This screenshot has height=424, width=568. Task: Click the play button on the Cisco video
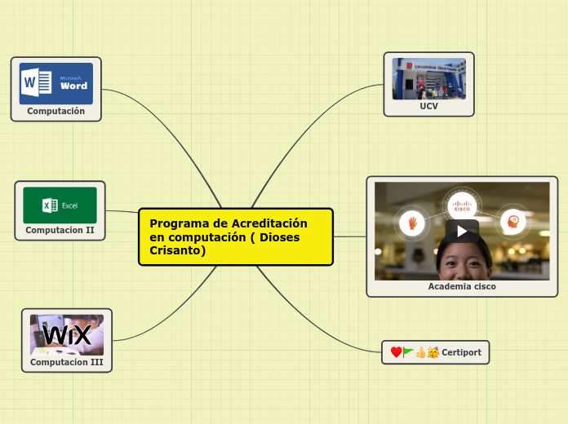pyautogui.click(x=462, y=231)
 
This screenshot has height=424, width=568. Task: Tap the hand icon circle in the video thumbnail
pyautogui.click(x=412, y=222)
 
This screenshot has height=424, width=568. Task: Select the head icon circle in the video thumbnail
pyautogui.click(x=513, y=221)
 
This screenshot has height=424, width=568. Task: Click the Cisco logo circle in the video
pyautogui.click(x=462, y=205)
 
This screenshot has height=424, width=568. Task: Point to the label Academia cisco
pyautogui.click(x=462, y=287)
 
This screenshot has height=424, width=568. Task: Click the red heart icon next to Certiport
pyautogui.click(x=396, y=352)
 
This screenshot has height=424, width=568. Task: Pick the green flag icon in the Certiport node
pyautogui.click(x=407, y=352)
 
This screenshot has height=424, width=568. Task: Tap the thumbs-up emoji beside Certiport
pyautogui.click(x=421, y=352)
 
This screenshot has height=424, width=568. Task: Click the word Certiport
pyautogui.click(x=461, y=352)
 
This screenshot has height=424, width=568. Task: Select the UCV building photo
pyautogui.click(x=429, y=78)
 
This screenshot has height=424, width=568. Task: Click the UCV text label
pyautogui.click(x=429, y=106)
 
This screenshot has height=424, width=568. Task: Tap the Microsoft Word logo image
pyautogui.click(x=56, y=84)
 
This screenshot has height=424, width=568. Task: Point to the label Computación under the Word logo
pyautogui.click(x=55, y=111)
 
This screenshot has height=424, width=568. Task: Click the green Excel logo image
pyautogui.click(x=60, y=205)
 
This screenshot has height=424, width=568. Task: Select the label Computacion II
pyautogui.click(x=60, y=230)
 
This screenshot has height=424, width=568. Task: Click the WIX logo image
pyautogui.click(x=67, y=334)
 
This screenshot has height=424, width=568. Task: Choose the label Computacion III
pyautogui.click(x=67, y=361)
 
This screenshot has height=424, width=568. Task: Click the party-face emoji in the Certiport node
pyautogui.click(x=433, y=352)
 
